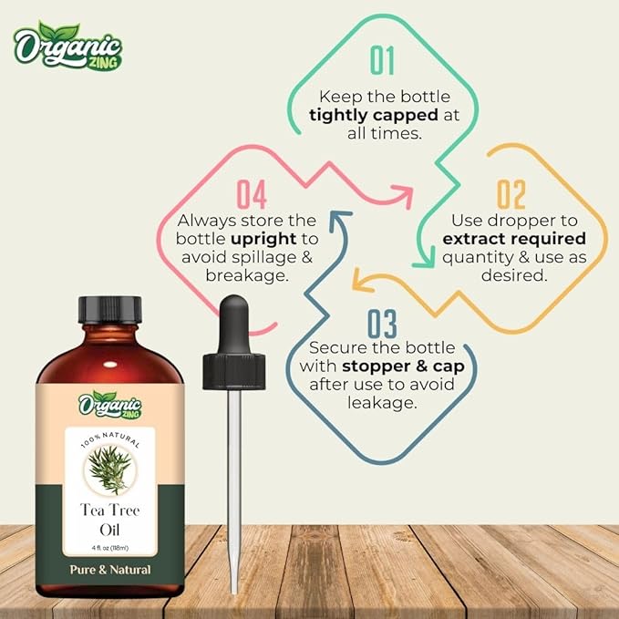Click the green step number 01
(382, 60)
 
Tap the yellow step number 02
(511, 194)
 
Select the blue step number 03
(382, 325)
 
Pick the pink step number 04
(251, 194)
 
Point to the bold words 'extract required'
(513, 238)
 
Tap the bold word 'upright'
(254, 238)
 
